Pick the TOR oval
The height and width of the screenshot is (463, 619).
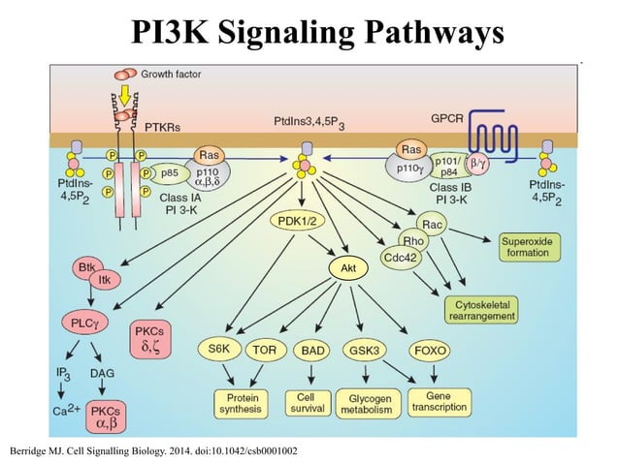click(263, 349)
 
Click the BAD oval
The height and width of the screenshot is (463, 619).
click(313, 349)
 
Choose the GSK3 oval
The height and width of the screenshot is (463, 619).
click(364, 349)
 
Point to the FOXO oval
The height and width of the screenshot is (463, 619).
click(428, 349)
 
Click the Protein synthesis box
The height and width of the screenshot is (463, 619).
click(239, 403)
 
